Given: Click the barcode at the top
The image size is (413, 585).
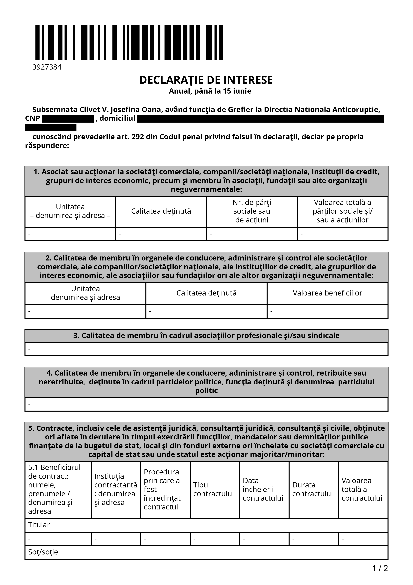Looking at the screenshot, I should pyautogui.click(x=129, y=42).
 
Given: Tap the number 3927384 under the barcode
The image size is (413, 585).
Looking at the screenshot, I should pyautogui.click(x=47, y=67).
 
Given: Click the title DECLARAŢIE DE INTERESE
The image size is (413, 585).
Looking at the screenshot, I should pyautogui.click(x=206, y=80).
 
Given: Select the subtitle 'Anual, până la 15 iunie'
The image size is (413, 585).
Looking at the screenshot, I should pyautogui.click(x=210, y=91).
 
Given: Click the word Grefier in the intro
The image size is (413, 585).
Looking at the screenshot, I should pyautogui.click(x=240, y=110).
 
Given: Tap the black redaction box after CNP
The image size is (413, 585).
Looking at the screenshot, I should pyautogui.click(x=68, y=119).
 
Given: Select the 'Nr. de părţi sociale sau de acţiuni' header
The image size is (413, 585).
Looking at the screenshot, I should pyautogui.click(x=252, y=211).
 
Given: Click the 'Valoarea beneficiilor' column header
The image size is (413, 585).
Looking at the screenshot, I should pyautogui.click(x=327, y=293).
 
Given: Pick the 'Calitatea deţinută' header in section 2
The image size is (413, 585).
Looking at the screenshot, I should pyautogui.click(x=206, y=293).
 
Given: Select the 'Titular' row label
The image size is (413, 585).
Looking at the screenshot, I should pyautogui.click(x=39, y=525).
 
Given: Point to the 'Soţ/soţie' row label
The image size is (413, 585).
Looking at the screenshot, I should pyautogui.click(x=43, y=552).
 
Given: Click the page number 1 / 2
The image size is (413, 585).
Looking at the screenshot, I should pyautogui.click(x=380, y=568).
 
